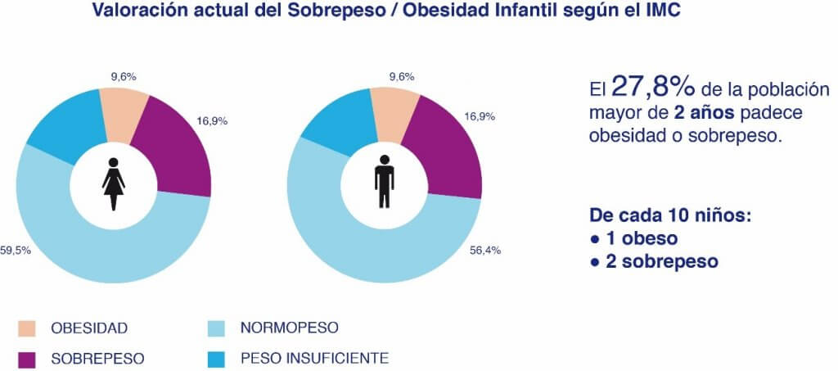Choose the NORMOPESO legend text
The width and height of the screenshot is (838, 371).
coord(289,328)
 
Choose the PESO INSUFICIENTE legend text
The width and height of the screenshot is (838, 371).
coord(314,358)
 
